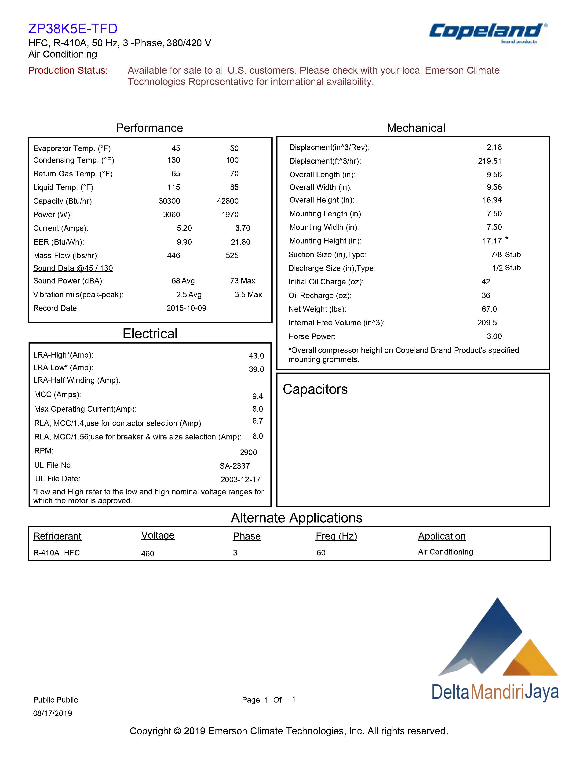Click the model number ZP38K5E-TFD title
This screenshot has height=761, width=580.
[x=73, y=29]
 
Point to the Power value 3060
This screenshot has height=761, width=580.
[x=171, y=215]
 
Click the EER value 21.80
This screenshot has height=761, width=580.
[x=240, y=242]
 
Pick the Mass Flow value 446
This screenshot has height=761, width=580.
[x=173, y=255]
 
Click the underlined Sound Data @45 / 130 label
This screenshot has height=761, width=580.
[x=73, y=268]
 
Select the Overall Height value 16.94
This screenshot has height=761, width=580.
[x=492, y=200]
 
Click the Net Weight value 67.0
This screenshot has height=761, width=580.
[x=489, y=309]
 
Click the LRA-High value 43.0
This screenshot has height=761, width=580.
[x=256, y=356]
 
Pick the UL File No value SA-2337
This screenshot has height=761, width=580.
[x=234, y=466]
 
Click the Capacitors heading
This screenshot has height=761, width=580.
[x=315, y=389]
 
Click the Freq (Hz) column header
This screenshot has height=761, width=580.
[x=336, y=536]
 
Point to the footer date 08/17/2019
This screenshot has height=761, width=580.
[x=52, y=713]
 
